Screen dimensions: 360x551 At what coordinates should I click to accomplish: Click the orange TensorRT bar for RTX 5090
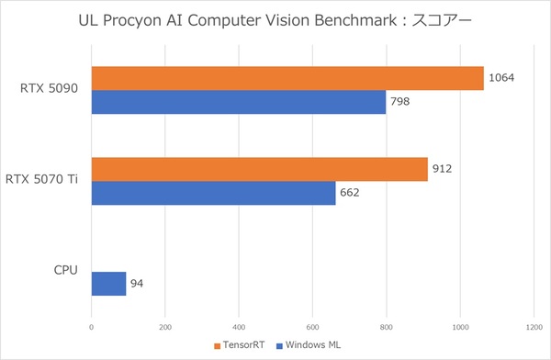pyautogui.click(x=287, y=78)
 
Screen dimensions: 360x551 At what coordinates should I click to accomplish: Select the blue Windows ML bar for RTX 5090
pyautogui.click(x=239, y=101)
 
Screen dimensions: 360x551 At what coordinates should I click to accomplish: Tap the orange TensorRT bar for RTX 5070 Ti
pyautogui.click(x=260, y=169)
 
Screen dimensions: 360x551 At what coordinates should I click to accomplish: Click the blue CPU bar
pyautogui.click(x=108, y=283)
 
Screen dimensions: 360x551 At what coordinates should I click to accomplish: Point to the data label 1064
pyautogui.click(x=500, y=78)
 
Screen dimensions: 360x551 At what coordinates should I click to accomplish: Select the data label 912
pyautogui.click(x=442, y=169)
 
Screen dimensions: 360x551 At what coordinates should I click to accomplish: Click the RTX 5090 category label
pyautogui.click(x=51, y=89)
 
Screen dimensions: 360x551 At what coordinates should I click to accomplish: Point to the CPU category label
pyautogui.click(x=65, y=271)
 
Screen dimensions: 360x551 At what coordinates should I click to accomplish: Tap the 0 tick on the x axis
pyautogui.click(x=92, y=326)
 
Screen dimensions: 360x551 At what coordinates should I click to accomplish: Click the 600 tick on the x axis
pyautogui.click(x=312, y=326)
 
